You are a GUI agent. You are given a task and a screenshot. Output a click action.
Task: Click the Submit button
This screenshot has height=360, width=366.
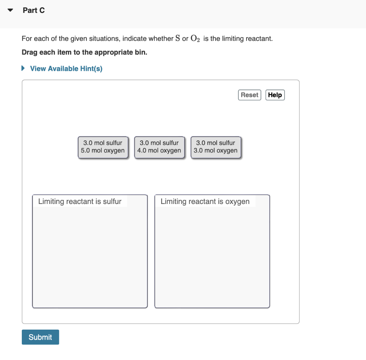tap(40, 337)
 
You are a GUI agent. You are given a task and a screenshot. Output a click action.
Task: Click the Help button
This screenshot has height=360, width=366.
tap(275, 95)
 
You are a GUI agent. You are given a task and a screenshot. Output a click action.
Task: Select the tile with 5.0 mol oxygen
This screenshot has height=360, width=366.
tap(103, 147)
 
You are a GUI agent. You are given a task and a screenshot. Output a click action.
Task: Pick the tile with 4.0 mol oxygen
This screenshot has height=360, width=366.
tap(159, 147)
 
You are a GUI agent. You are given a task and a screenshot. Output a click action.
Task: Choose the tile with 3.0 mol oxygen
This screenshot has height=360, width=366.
tap(216, 147)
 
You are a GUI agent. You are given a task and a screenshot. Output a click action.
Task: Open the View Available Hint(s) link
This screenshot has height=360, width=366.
tap(66, 68)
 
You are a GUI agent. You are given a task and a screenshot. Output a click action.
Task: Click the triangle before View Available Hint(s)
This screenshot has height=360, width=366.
tap(24, 68)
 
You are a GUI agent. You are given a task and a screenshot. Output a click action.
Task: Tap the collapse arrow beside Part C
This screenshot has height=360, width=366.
tap(11, 10)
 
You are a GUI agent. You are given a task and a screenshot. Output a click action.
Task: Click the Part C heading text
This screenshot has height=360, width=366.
tap(34, 10)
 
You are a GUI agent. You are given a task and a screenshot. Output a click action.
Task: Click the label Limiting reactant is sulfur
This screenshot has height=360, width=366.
tap(80, 201)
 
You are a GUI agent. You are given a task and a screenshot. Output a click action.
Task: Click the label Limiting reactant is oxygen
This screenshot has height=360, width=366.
tap(205, 201)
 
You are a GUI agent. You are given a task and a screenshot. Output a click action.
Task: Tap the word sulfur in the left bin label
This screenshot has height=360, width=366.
tap(112, 201)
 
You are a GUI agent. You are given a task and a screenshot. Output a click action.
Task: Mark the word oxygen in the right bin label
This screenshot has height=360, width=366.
tap(237, 201)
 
